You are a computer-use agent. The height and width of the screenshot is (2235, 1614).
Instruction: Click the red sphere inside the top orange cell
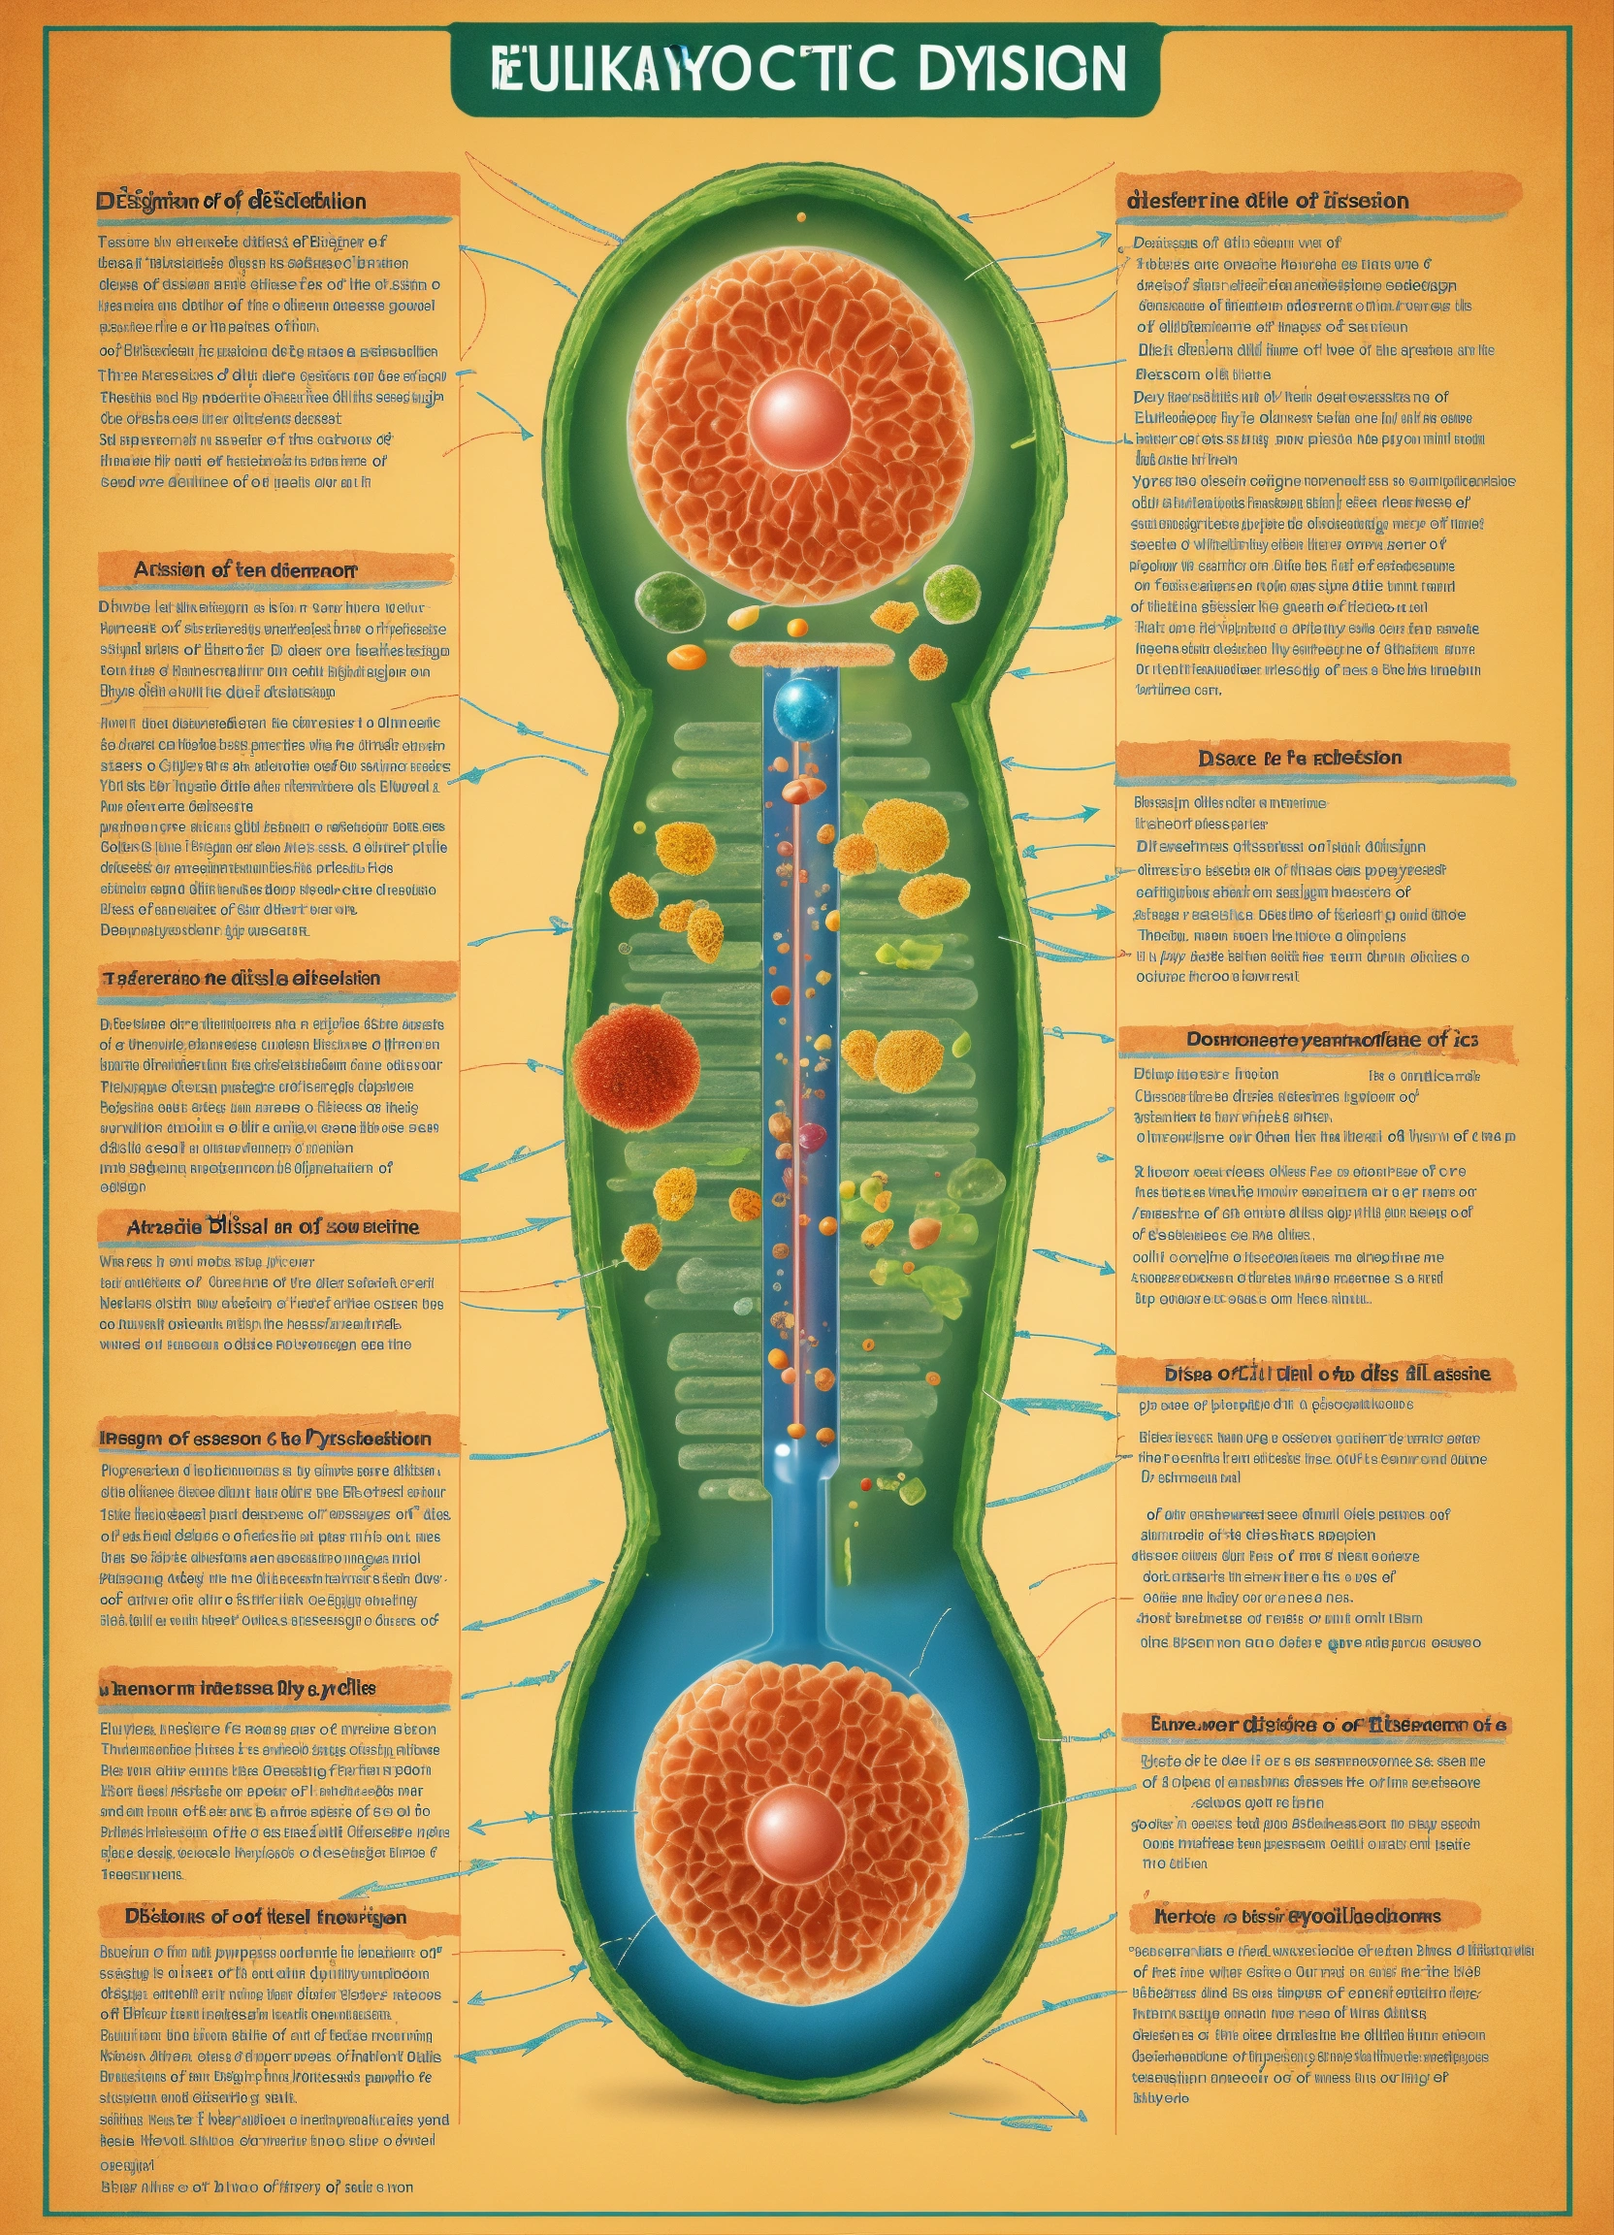tap(799, 414)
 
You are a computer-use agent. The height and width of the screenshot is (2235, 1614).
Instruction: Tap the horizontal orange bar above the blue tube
tap(811, 654)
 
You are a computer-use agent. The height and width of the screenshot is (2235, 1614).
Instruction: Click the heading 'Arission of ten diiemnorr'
tap(245, 570)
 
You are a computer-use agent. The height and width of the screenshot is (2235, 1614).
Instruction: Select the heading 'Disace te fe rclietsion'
tap(1300, 758)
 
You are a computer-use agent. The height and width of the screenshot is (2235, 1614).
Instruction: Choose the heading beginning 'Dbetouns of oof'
tap(265, 1937)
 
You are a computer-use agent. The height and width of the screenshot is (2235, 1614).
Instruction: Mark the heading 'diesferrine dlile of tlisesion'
tap(1267, 201)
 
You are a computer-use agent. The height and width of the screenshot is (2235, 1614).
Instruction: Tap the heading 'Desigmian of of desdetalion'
tap(231, 201)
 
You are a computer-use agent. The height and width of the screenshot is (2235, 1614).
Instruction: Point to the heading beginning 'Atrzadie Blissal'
tap(272, 1227)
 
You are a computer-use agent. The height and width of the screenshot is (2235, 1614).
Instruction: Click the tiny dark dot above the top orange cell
tap(801, 216)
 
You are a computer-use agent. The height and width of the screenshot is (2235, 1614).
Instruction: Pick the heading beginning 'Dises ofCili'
tap(1326, 1373)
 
